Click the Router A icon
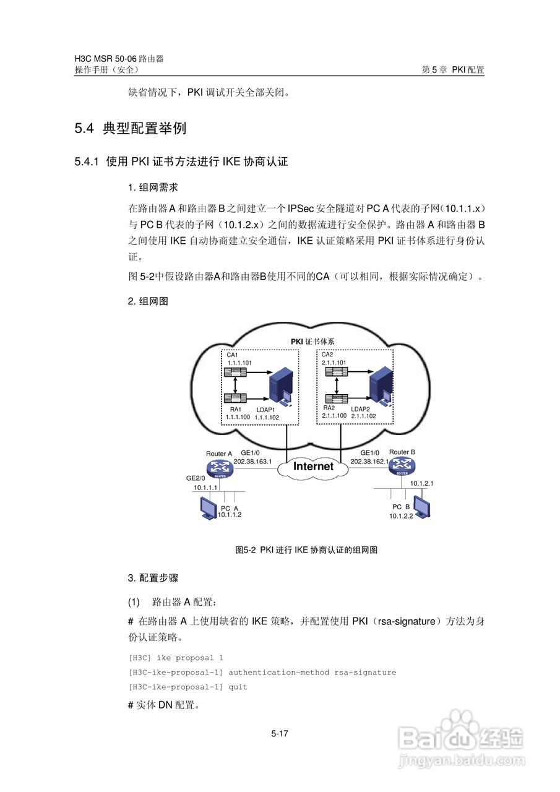[x=220, y=469]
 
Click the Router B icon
[x=402, y=468]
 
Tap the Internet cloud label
[x=313, y=467]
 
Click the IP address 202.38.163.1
[x=252, y=462]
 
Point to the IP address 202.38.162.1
[x=369, y=462]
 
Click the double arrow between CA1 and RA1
[x=235, y=385]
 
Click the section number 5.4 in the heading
[x=84, y=129]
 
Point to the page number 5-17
[x=280, y=734]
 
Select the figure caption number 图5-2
[x=246, y=549]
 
